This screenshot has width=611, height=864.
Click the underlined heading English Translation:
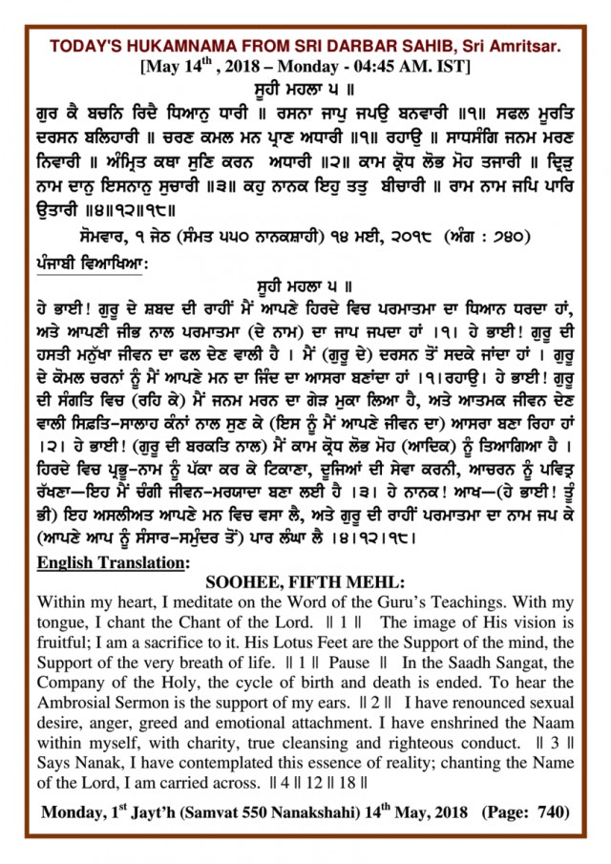tap(111, 562)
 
